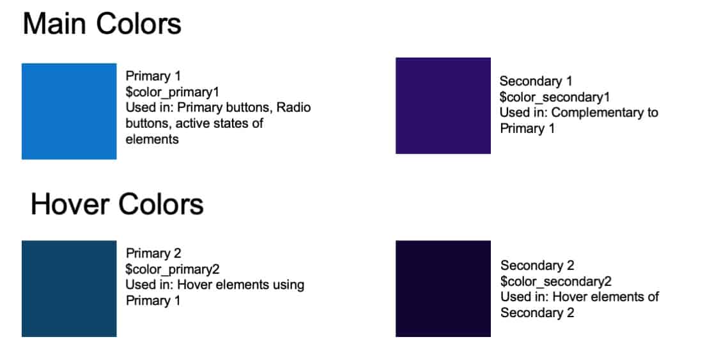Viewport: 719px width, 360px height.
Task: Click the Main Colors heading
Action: [x=102, y=24]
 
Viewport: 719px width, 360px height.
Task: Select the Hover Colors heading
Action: [x=117, y=204]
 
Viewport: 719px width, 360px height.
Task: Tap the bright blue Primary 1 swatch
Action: [x=69, y=111]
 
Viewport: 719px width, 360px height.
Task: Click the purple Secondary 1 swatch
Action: [x=443, y=106]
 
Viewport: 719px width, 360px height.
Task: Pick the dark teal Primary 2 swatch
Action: [x=69, y=288]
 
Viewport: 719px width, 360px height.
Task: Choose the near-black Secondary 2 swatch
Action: [x=443, y=288]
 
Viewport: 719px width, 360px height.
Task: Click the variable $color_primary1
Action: [x=173, y=92]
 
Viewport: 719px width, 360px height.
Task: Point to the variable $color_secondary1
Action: [x=554, y=97]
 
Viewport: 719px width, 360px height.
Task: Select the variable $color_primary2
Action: [x=173, y=269]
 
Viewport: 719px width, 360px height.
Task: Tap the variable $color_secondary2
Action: [x=556, y=281]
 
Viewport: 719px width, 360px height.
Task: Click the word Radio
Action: [x=293, y=107]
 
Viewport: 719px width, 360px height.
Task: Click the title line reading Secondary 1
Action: [x=536, y=81]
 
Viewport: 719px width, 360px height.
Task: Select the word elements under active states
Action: [x=152, y=139]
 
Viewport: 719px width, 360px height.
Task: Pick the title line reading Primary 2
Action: [x=153, y=253]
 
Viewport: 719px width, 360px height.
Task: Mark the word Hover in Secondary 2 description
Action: [x=572, y=297]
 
